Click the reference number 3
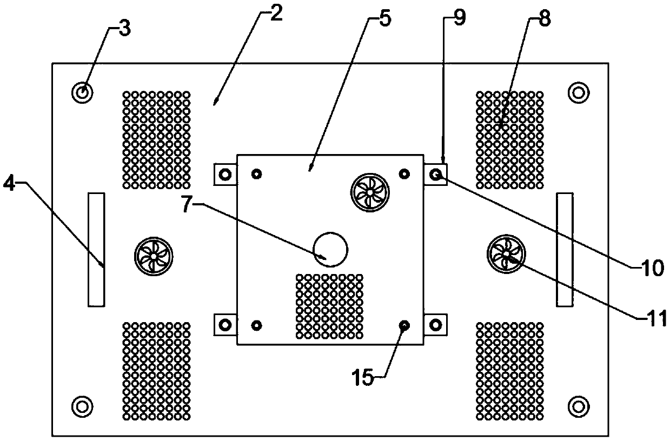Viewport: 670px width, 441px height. (x=124, y=29)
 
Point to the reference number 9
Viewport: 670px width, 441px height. (x=459, y=17)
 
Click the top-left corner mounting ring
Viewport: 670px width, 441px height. (x=82, y=93)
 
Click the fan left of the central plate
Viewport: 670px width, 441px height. (x=154, y=255)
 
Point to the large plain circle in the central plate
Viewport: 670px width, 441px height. (x=331, y=249)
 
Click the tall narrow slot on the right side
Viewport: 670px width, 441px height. (x=565, y=249)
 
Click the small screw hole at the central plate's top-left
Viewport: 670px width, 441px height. (x=257, y=173)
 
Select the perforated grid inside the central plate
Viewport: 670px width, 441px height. (x=329, y=306)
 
